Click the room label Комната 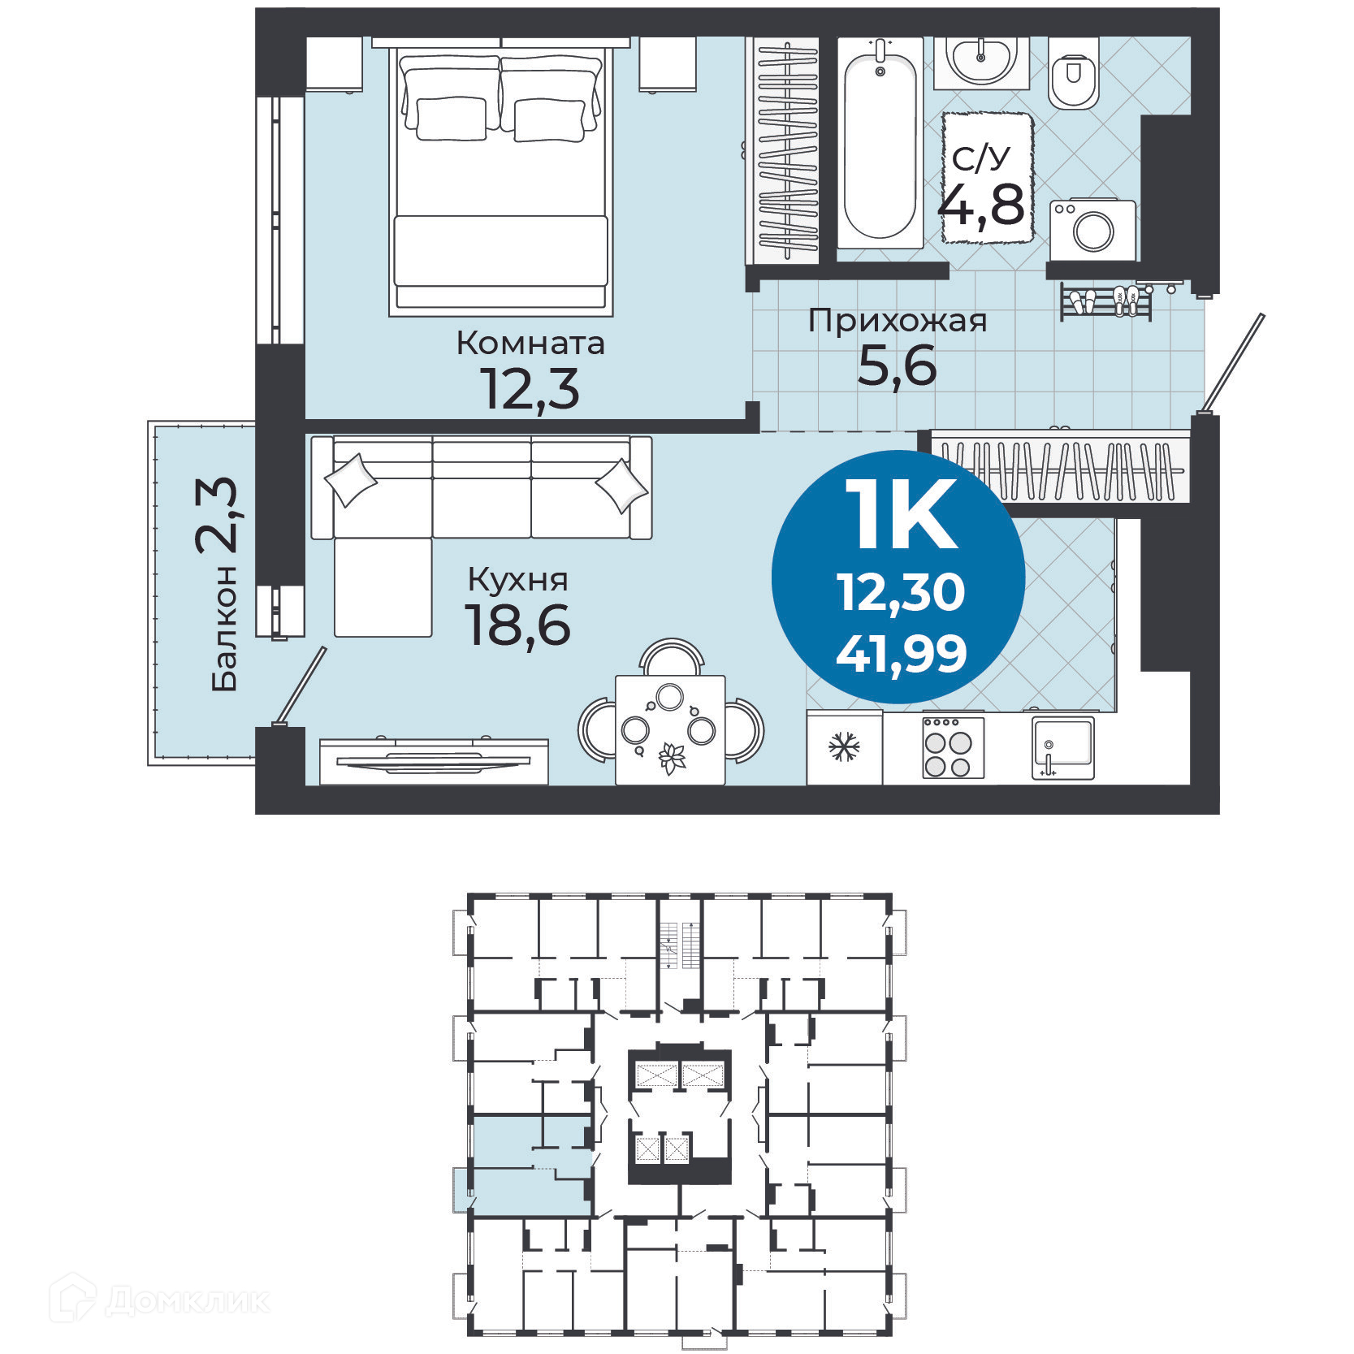click(530, 344)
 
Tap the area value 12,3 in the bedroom click(530, 388)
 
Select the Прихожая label click(897, 322)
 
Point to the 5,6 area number click(897, 366)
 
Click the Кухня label click(517, 580)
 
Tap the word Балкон click(224, 629)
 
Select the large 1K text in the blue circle click(901, 515)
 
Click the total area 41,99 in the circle click(901, 653)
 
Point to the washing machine click(1092, 230)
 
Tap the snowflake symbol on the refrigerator click(845, 747)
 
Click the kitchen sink click(1062, 746)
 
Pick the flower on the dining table click(671, 758)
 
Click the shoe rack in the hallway click(1105, 302)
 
